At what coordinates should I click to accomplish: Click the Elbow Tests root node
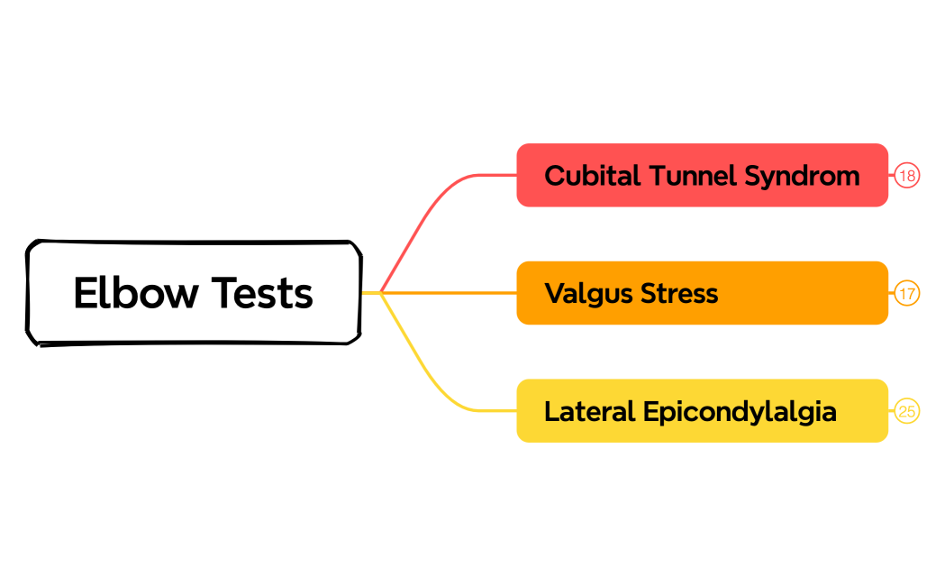tap(194, 293)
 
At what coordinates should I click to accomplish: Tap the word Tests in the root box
tap(263, 293)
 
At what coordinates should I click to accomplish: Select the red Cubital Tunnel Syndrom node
tap(702, 175)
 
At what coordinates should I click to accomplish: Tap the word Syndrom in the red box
tap(802, 175)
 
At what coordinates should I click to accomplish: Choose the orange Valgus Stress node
tap(702, 293)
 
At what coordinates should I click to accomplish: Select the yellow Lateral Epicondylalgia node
tap(702, 411)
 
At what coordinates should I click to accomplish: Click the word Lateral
tap(589, 411)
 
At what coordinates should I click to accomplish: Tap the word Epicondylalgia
tap(740, 411)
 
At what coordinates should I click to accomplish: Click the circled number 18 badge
tap(907, 175)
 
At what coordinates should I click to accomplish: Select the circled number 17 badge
tap(907, 293)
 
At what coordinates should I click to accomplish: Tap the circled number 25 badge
tap(907, 411)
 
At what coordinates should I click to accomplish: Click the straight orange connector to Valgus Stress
tap(450, 293)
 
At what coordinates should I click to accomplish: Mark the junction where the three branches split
tap(381, 293)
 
